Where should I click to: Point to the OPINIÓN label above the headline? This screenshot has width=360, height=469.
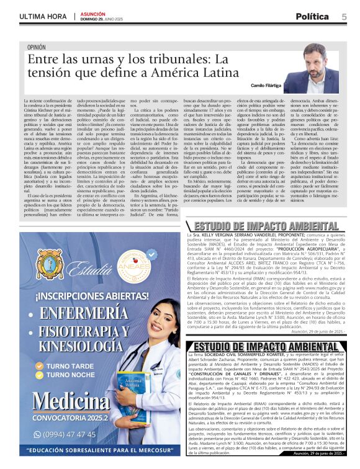(37, 47)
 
